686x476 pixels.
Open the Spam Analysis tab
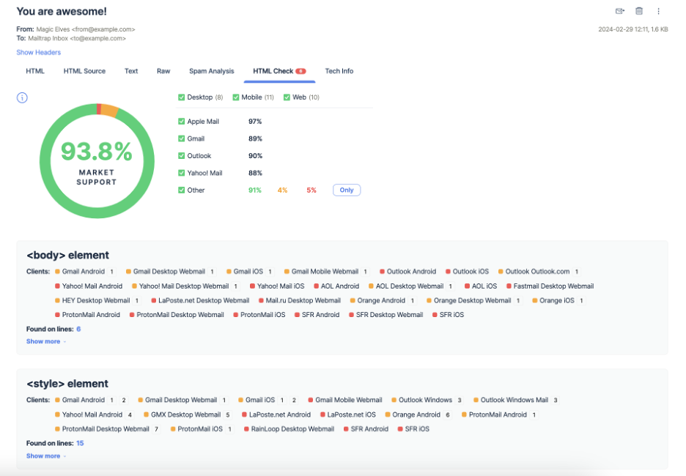coord(211,71)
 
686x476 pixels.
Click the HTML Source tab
coord(84,71)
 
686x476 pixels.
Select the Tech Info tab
coord(339,71)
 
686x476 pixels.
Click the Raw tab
coord(163,71)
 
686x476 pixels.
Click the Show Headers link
coord(38,53)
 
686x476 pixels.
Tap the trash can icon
coord(639,11)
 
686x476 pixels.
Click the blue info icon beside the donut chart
coord(22,97)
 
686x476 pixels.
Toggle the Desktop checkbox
coord(182,97)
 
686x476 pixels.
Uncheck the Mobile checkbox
coord(236,97)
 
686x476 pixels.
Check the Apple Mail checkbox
coord(182,122)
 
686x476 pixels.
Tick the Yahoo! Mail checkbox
coord(182,173)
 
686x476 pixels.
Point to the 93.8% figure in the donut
coord(96,152)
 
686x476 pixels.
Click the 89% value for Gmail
coord(255,138)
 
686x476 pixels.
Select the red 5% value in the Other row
coord(311,190)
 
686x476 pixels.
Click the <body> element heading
coord(67,256)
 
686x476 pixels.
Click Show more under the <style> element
coord(44,456)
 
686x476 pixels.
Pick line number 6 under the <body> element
coord(78,330)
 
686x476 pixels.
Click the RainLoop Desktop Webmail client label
coord(292,429)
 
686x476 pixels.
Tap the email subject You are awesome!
coord(62,12)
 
